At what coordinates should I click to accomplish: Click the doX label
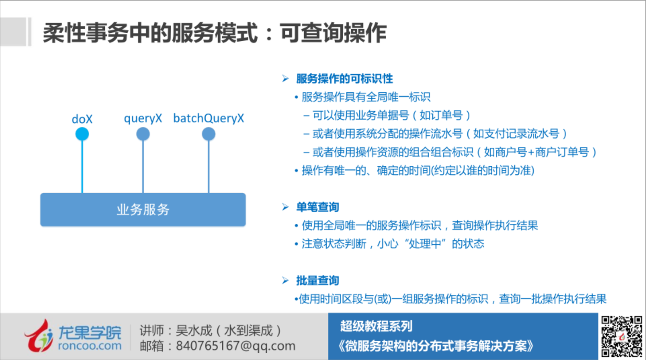[x=82, y=119]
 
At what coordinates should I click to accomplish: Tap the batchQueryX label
[x=208, y=118]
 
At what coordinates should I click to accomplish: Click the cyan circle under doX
[x=82, y=134]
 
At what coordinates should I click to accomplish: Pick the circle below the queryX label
[x=143, y=134]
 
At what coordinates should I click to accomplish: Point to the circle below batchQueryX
[x=208, y=134]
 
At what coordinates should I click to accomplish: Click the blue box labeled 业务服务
[x=143, y=210]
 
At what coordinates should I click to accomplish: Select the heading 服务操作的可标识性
[x=345, y=78]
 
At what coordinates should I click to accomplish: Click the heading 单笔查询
[x=318, y=207]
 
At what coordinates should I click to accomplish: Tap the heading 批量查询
[x=318, y=280]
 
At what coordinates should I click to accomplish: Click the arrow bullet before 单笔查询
[x=285, y=207]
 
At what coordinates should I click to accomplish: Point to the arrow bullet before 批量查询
[x=285, y=280]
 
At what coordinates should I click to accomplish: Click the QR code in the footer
[x=622, y=337]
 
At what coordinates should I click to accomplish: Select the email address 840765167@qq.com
[x=236, y=346]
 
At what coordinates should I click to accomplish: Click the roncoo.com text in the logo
[x=90, y=346]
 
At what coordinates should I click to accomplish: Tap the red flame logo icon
[x=39, y=336]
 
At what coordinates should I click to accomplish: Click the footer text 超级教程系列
[x=376, y=326]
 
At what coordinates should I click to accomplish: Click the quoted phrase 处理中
[x=425, y=244]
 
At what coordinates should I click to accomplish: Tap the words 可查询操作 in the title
[x=333, y=33]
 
